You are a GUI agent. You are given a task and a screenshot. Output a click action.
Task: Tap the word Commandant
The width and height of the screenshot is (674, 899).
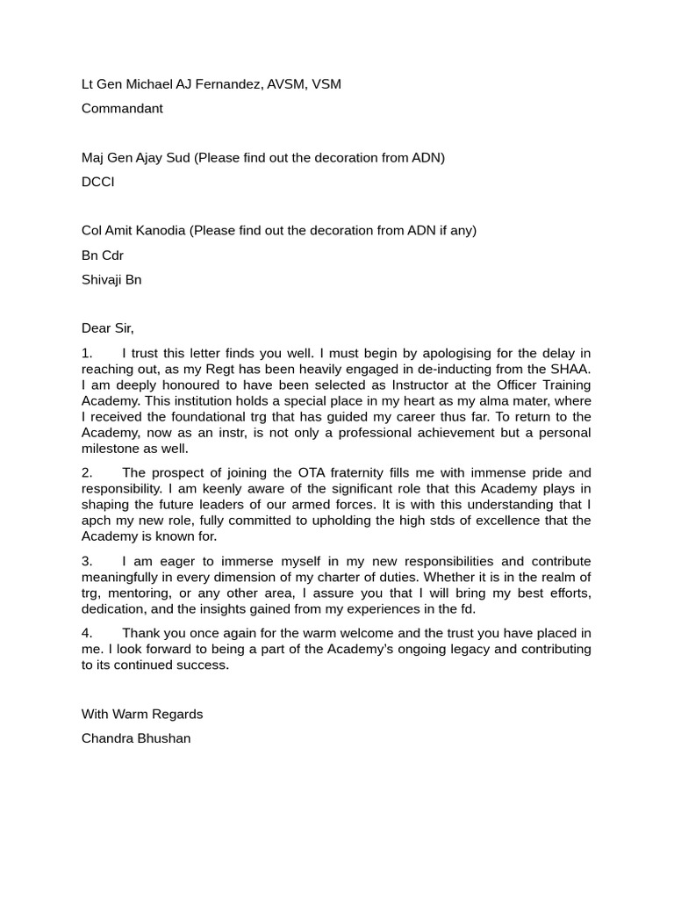click(122, 109)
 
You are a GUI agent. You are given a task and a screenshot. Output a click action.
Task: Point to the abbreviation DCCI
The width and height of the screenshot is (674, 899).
click(98, 182)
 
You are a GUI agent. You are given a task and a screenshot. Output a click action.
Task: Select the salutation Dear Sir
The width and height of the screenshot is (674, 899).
click(107, 328)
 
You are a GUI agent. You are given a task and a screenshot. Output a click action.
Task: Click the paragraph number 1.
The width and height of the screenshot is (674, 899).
click(87, 353)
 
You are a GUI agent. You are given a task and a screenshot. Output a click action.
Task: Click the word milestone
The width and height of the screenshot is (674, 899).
click(112, 448)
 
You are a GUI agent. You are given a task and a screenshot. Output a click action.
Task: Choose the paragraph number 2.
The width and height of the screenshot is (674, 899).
click(87, 472)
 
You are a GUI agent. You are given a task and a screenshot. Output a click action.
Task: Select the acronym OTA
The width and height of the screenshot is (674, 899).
click(303, 472)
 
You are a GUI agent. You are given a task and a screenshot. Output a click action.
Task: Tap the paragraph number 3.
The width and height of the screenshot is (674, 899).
click(87, 561)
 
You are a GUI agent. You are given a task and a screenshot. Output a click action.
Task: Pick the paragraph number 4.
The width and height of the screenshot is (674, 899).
click(87, 633)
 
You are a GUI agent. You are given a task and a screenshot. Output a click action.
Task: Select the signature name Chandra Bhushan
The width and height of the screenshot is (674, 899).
click(136, 738)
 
